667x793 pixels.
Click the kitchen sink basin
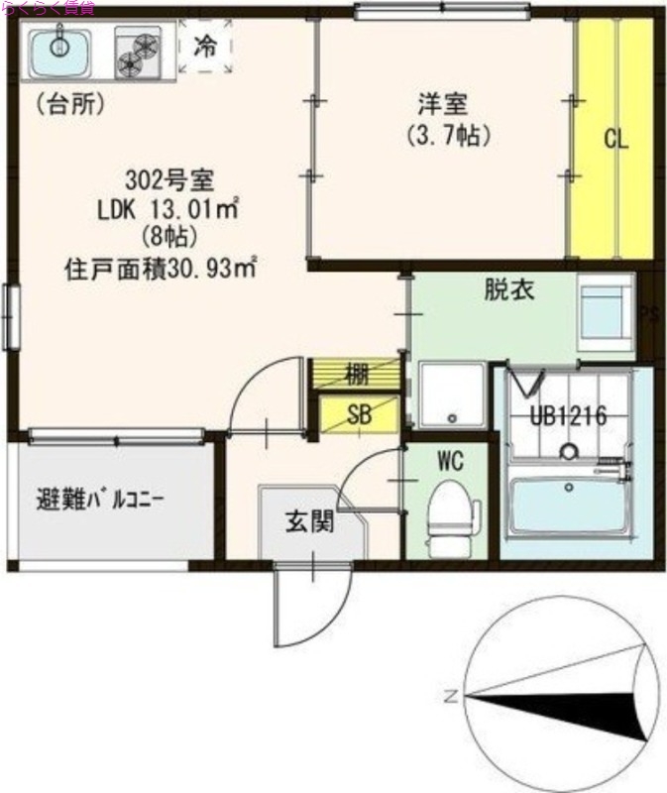(x=57, y=53)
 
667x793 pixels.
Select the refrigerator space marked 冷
(x=205, y=46)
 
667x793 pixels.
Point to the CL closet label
(x=616, y=140)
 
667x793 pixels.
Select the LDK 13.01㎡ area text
(x=169, y=209)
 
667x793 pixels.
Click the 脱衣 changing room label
(x=510, y=290)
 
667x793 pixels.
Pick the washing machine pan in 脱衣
(x=606, y=311)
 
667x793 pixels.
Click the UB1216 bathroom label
(x=567, y=416)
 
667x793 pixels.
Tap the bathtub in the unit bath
(x=566, y=505)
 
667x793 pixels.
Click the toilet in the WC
(x=449, y=511)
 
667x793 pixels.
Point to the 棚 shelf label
(x=358, y=375)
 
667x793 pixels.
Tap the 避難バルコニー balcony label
(x=99, y=499)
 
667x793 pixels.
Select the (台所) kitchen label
(x=70, y=103)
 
